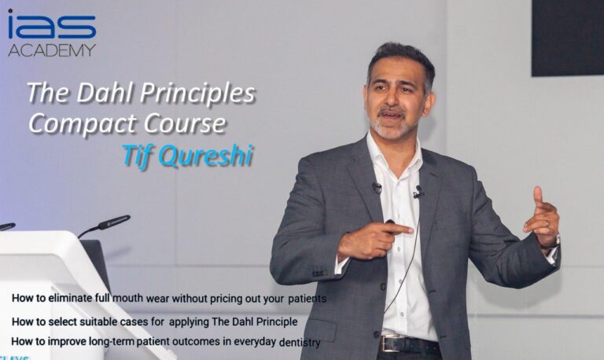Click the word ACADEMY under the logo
click(52, 50)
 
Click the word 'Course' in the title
click(185, 123)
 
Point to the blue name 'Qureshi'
click(206, 156)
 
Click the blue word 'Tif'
click(137, 156)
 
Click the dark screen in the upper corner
click(568, 38)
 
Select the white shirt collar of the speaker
click(393, 154)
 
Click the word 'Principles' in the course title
click(197, 94)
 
